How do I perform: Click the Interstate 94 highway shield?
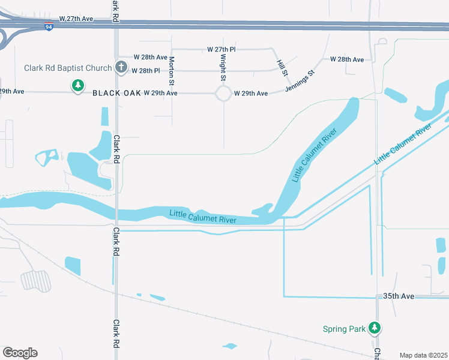pyautogui.click(x=49, y=27)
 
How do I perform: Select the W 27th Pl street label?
pyautogui.click(x=221, y=49)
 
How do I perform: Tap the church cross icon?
pyautogui.click(x=121, y=68)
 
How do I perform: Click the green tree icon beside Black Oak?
pyautogui.click(x=77, y=86)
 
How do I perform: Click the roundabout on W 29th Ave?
pyautogui.click(x=223, y=94)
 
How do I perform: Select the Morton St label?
pyautogui.click(x=172, y=70)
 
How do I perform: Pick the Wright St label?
pyautogui.click(x=223, y=67)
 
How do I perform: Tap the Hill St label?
pyautogui.click(x=282, y=68)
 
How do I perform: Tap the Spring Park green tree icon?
pyautogui.click(x=375, y=328)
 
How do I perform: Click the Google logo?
pyautogui.click(x=20, y=352)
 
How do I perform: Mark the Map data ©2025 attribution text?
pyautogui.click(x=423, y=355)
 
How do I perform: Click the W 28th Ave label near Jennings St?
pyautogui.click(x=347, y=59)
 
